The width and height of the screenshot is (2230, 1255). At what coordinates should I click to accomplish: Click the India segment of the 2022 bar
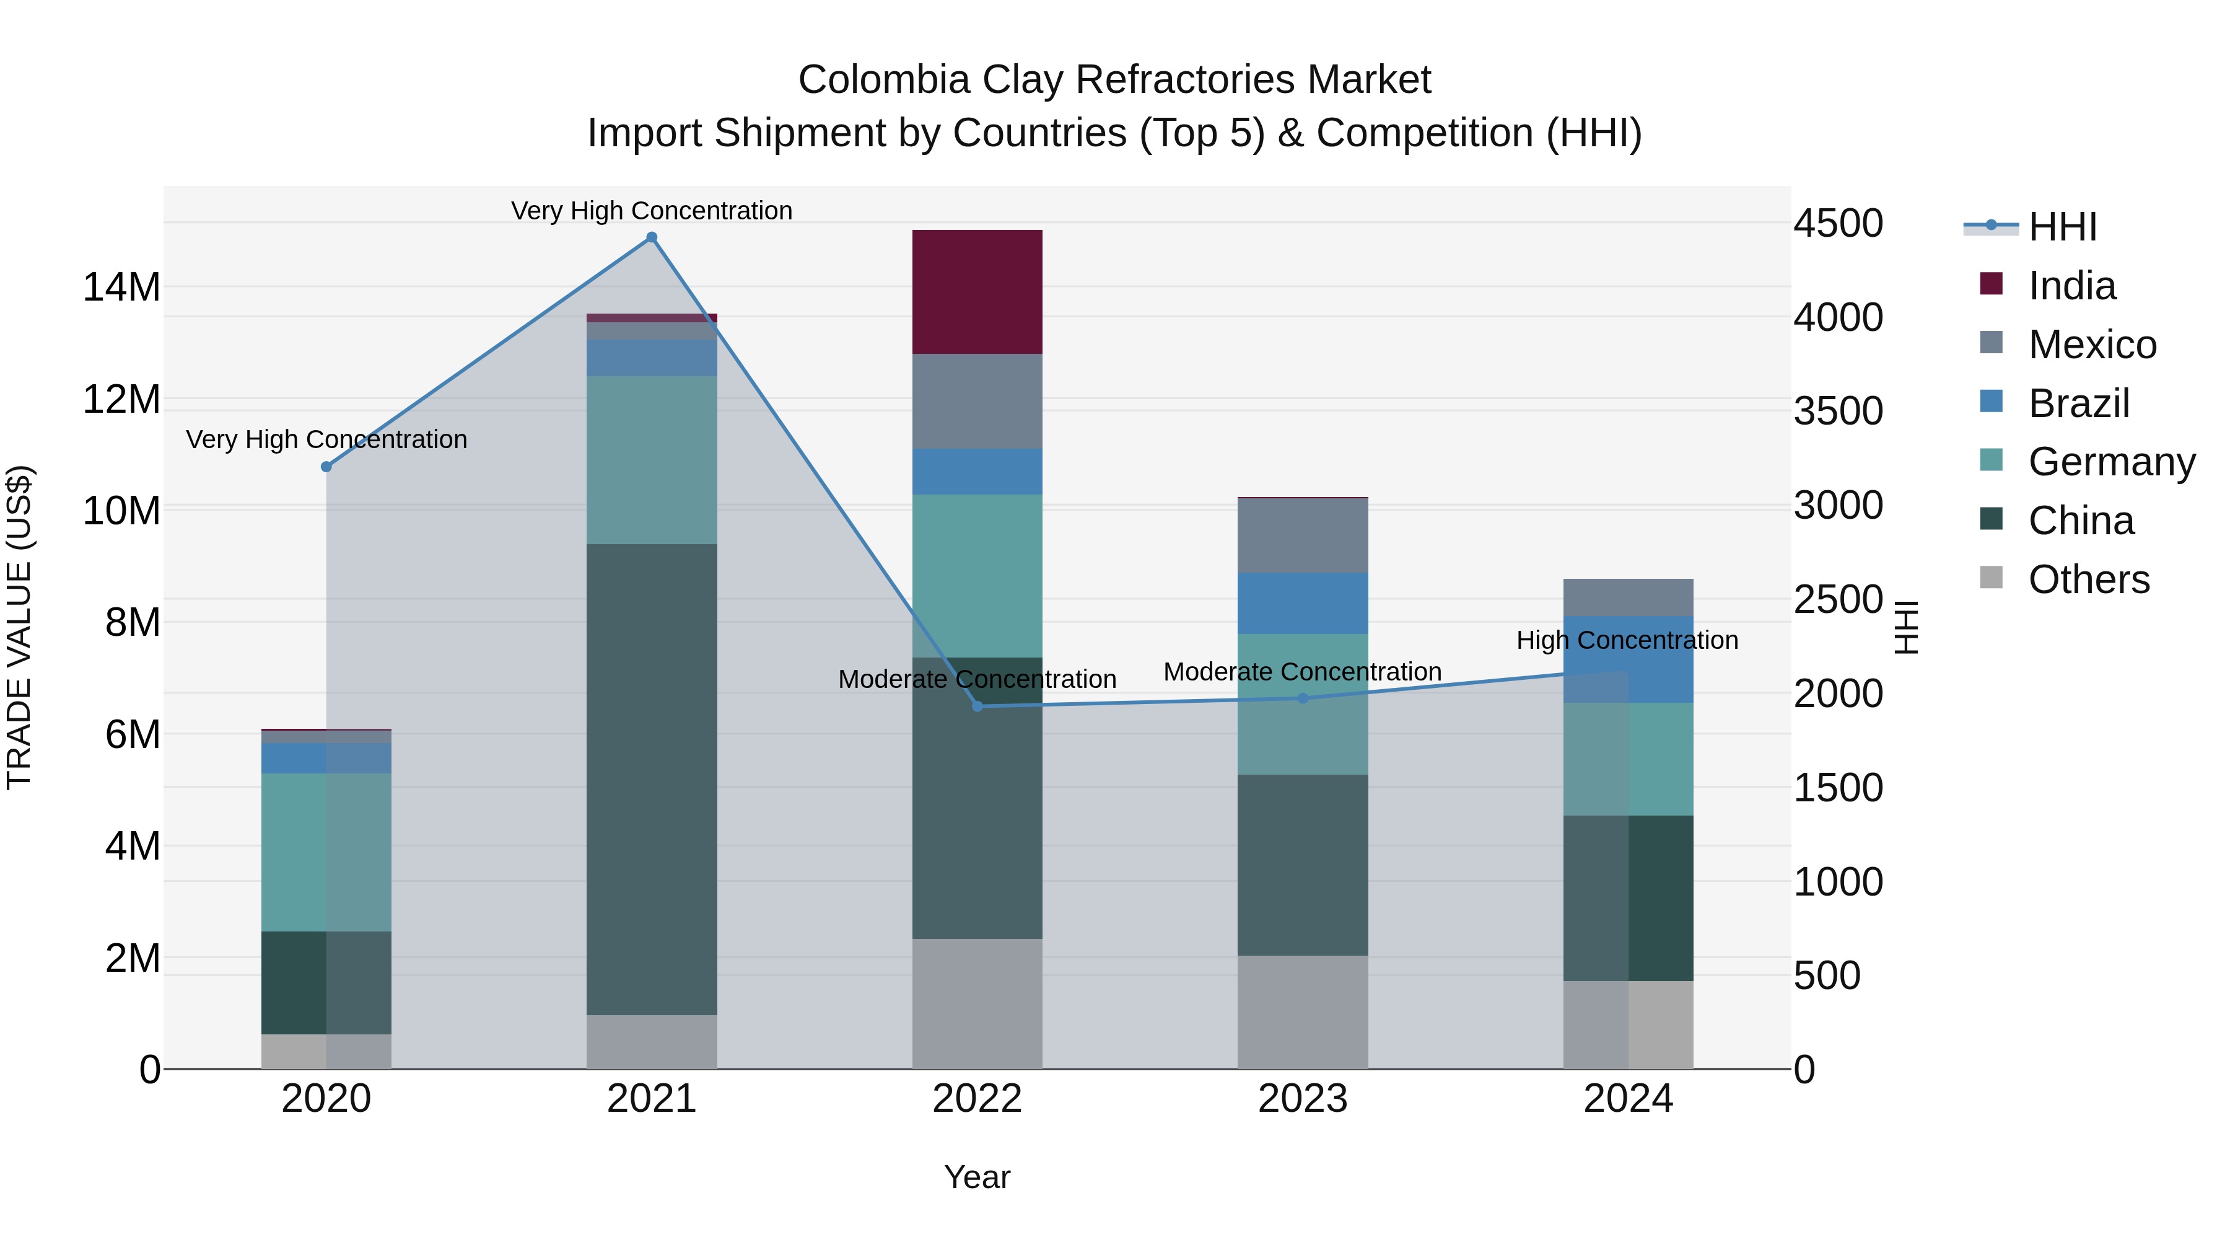click(x=977, y=292)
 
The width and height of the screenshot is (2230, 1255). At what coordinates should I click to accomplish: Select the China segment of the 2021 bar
click(x=652, y=780)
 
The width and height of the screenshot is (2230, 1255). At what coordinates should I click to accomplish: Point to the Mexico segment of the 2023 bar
click(x=1303, y=535)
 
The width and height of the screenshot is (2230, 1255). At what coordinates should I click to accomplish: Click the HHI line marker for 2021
click(x=652, y=237)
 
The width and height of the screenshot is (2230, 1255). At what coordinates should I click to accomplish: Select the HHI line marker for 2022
click(x=977, y=707)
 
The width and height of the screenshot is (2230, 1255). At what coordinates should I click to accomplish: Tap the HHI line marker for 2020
click(x=326, y=467)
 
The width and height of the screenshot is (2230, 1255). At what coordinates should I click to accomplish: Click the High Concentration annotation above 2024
click(x=1627, y=641)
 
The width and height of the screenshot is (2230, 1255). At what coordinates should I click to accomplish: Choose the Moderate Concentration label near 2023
click(x=1302, y=672)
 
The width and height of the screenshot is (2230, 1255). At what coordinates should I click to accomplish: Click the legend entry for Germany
click(x=2112, y=462)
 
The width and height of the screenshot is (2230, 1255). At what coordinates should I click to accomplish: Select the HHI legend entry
click(x=2062, y=227)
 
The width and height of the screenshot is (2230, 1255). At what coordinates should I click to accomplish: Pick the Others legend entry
click(x=2088, y=579)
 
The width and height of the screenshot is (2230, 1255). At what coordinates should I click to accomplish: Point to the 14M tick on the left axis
click(x=121, y=288)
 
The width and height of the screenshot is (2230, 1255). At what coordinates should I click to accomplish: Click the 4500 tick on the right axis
click(x=1838, y=224)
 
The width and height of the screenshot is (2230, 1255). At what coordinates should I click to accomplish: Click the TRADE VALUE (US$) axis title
click(x=19, y=627)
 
